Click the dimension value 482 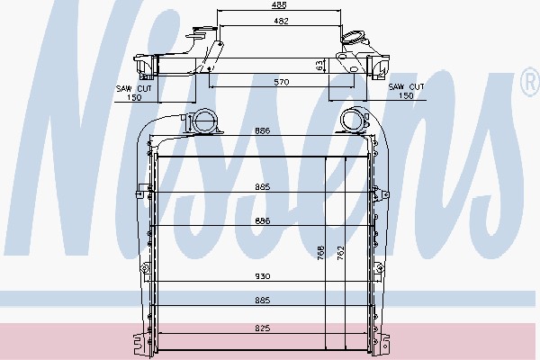coord(281,21)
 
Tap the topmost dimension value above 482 coord(279,4)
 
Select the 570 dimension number coord(282,82)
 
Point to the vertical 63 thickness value coord(319,66)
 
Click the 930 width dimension coord(263,276)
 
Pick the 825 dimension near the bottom coord(263,328)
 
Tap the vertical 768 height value coord(320,253)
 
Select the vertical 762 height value coord(340,253)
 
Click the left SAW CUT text coord(134,88)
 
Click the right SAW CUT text coord(407,86)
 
